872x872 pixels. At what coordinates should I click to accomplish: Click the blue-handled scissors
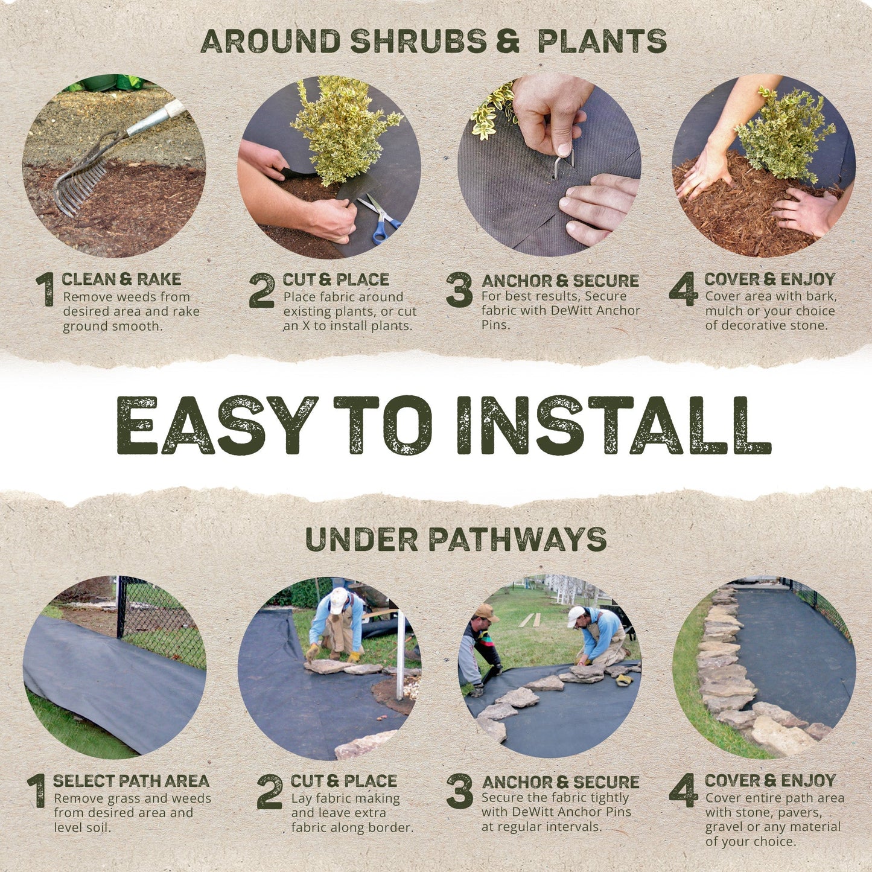point(380,217)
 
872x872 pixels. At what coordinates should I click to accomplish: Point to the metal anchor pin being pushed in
point(564,163)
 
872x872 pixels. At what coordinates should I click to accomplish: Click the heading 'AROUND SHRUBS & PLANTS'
point(433,41)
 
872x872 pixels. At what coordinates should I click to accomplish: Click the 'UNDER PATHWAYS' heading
point(456,539)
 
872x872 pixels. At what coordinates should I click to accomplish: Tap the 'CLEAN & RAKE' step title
point(121,279)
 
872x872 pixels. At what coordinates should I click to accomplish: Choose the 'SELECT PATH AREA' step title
point(131,780)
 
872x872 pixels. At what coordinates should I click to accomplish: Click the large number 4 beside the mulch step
point(684,289)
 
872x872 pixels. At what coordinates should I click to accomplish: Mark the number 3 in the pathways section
point(459,791)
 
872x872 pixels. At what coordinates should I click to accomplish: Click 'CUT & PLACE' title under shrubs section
point(336,279)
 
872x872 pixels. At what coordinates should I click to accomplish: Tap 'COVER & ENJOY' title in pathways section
point(770,780)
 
